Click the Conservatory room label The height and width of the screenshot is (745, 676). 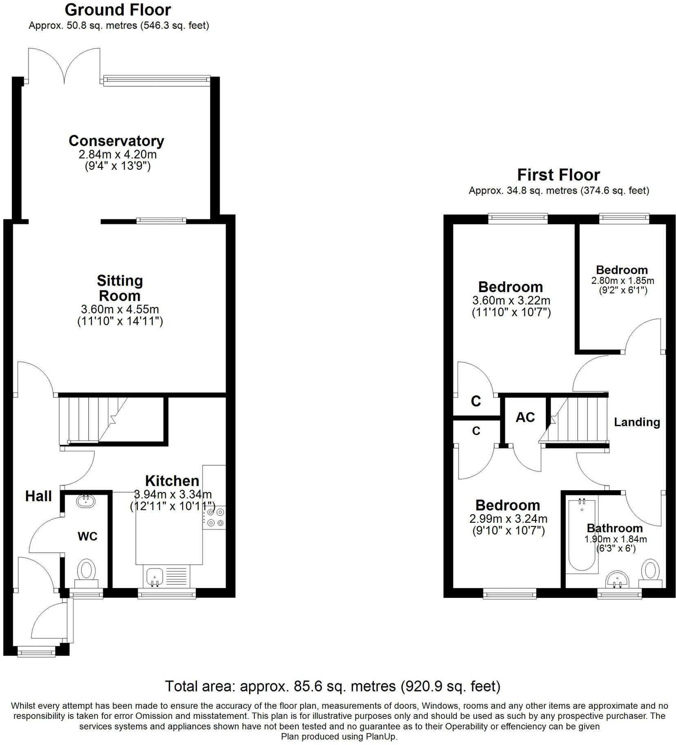[116, 141]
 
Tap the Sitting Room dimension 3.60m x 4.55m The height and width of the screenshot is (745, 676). [120, 309]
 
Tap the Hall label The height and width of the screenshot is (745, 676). [38, 496]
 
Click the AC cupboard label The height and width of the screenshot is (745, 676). [525, 417]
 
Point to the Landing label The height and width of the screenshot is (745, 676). [637, 422]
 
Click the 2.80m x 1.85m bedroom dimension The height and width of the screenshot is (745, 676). [623, 281]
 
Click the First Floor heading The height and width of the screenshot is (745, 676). [558, 175]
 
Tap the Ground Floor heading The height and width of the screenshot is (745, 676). [118, 10]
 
